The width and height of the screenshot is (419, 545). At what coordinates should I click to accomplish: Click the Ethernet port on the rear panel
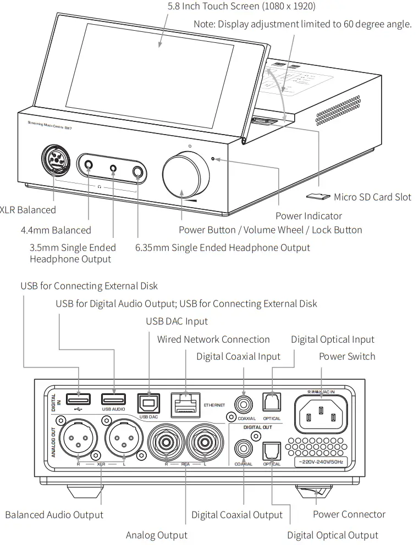(x=186, y=405)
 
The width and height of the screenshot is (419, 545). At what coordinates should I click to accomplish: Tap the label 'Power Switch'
(x=347, y=357)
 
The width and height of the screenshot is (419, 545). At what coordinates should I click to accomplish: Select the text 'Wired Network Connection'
(x=213, y=339)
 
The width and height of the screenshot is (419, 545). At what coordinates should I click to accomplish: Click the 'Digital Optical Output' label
(x=333, y=535)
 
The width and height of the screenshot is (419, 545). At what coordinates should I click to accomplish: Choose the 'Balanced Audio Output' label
(x=54, y=515)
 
